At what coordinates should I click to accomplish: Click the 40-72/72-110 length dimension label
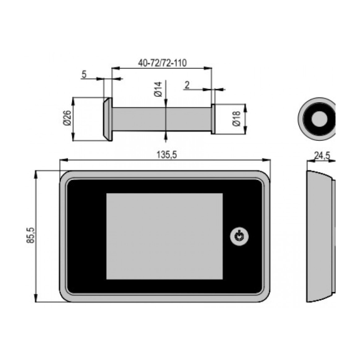pyautogui.click(x=162, y=63)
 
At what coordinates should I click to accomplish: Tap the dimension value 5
pyautogui.click(x=84, y=75)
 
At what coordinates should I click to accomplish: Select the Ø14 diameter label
pyautogui.click(x=158, y=89)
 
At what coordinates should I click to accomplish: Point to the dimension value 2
pyautogui.click(x=187, y=85)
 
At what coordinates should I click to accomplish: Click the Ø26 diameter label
pyautogui.click(x=67, y=118)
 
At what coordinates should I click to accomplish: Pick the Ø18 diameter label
pyautogui.click(x=236, y=118)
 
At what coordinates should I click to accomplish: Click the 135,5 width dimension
pyautogui.click(x=167, y=155)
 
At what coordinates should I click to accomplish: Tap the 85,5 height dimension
pyautogui.click(x=31, y=235)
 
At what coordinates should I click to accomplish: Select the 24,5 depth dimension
pyautogui.click(x=322, y=156)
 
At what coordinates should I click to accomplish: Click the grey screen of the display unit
pyautogui.click(x=164, y=236)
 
